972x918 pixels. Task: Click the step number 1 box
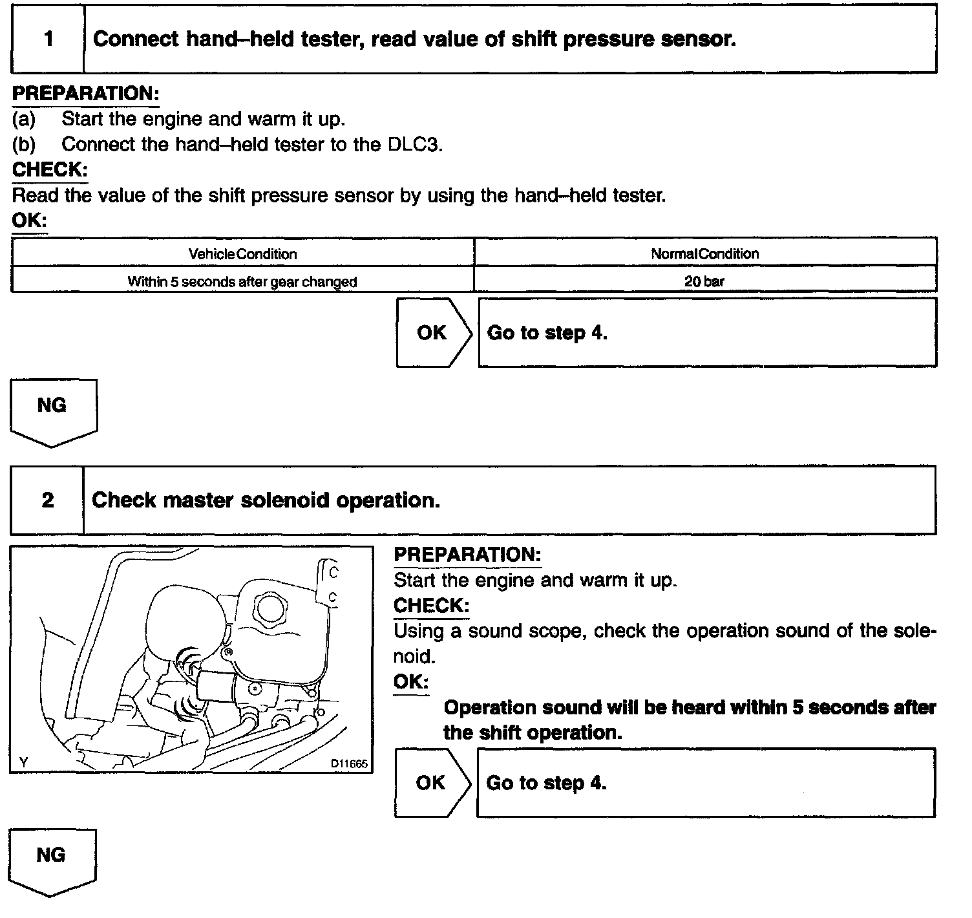pos(48,39)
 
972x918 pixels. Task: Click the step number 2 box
pos(48,500)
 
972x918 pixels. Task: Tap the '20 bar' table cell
pos(704,281)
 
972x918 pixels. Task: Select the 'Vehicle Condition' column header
pos(242,254)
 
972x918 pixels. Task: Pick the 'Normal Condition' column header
pos(704,254)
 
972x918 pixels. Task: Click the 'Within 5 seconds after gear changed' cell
pos(242,282)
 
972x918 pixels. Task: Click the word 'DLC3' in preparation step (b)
pos(414,144)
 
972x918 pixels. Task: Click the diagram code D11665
pos(349,763)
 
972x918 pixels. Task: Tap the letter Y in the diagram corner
pos(24,763)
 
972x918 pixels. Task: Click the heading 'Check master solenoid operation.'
pos(266,500)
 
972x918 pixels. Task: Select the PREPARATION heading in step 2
pos(467,555)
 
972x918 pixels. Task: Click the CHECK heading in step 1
pos(50,170)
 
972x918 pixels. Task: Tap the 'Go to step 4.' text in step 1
pos(547,333)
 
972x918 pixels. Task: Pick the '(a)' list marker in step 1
pos(24,119)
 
